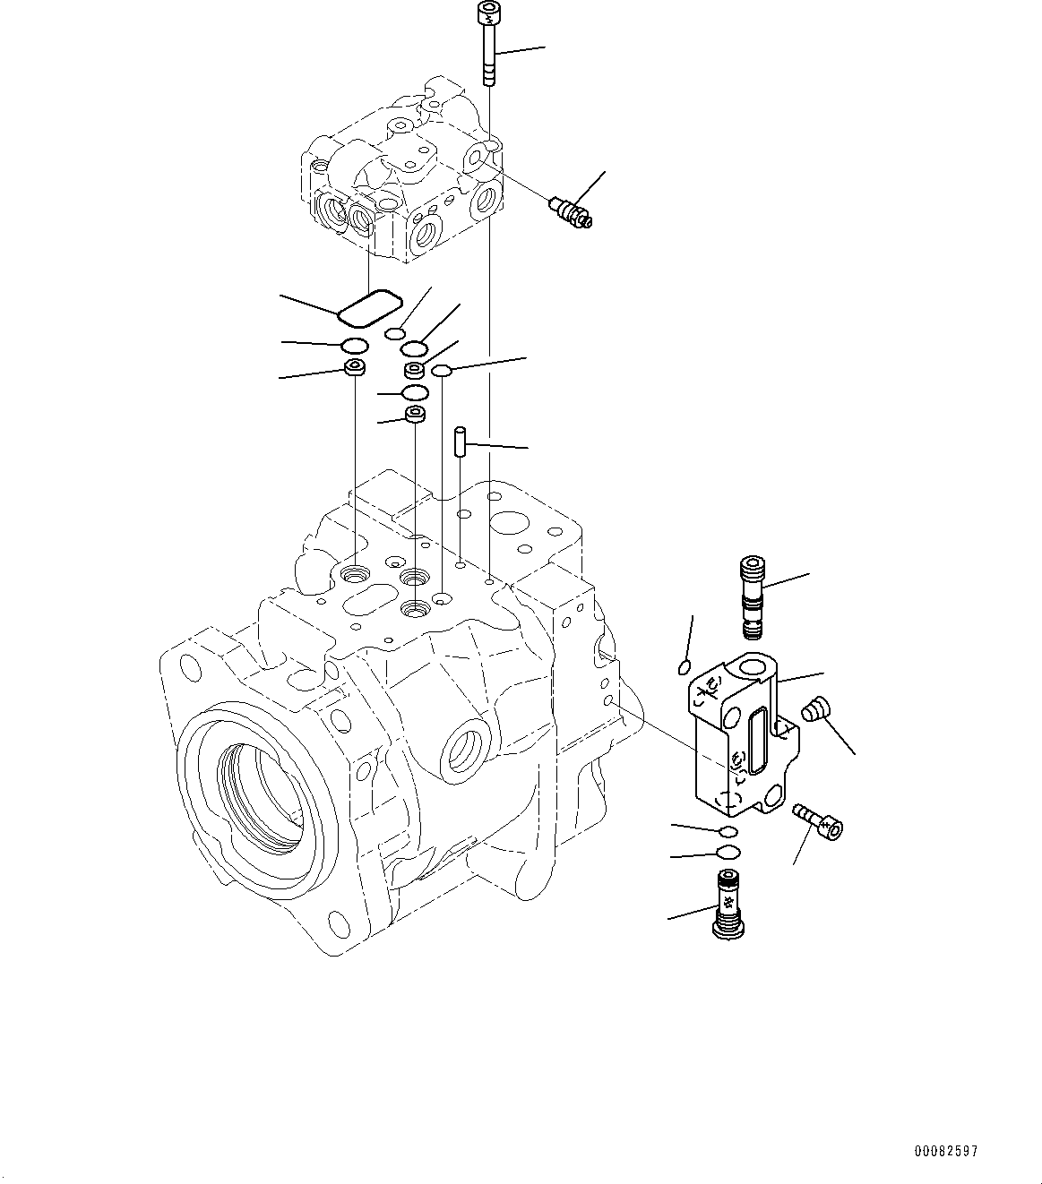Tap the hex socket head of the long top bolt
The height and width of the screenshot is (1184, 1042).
pos(488,13)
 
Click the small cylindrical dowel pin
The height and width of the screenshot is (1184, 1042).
pos(459,442)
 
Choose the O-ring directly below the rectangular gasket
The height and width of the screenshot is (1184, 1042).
pos(355,346)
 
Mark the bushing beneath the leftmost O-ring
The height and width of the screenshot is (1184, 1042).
pos(356,368)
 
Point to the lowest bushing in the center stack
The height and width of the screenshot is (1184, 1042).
pos(415,415)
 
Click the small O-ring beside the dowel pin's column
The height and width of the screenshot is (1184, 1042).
pos(442,371)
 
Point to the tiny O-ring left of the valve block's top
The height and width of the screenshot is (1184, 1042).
pos(684,666)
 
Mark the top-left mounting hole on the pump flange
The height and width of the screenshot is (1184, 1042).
pos(189,666)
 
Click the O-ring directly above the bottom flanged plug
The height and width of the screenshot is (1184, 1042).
pos(729,852)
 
